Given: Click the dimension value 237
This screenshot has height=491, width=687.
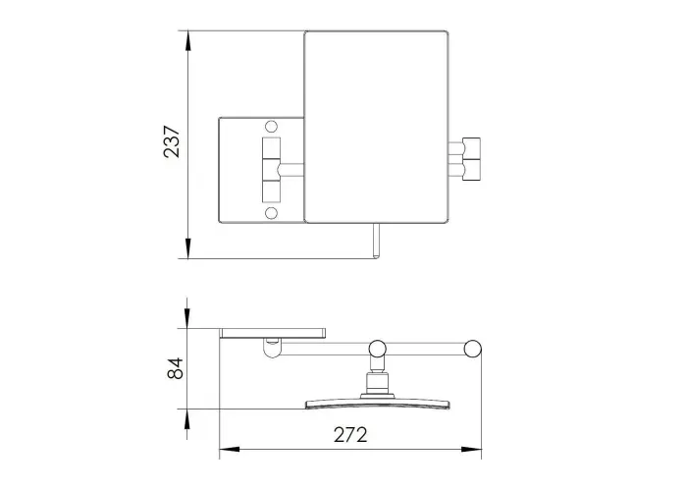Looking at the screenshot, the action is coord(172,141).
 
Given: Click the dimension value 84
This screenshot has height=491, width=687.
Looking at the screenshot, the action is coord(176,368).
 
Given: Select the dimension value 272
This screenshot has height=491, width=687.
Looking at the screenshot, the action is coord(350,435).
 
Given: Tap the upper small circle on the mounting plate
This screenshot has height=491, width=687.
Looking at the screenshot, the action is coord(272,127).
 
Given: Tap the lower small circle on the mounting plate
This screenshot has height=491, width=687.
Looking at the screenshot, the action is coord(272,213).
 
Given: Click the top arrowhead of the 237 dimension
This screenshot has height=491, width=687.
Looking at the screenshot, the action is coord(188,41).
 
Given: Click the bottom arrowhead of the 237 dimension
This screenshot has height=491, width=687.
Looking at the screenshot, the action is coord(188,248).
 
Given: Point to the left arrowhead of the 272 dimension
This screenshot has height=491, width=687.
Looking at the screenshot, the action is coord(229,450).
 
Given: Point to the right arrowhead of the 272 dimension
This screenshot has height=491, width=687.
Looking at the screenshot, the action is coord(471,450).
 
